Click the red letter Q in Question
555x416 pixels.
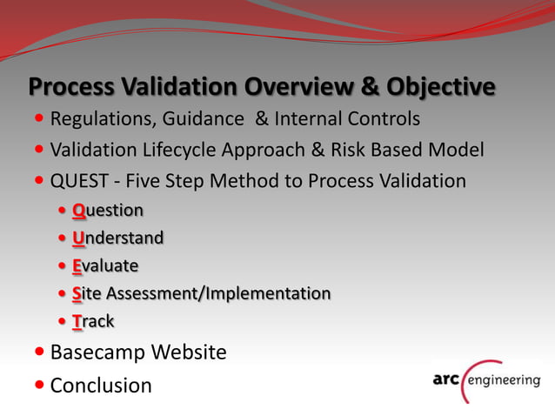tap(78, 211)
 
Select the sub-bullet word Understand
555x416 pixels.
tap(117, 238)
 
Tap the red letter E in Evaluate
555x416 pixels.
tap(77, 265)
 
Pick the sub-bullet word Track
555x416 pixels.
tap(93, 321)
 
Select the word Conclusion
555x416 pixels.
tap(101, 385)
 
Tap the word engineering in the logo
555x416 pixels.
tap(505, 380)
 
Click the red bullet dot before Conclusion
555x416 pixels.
tap(42, 385)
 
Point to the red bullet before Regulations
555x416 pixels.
tap(42, 118)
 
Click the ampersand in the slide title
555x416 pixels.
tap(345, 88)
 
